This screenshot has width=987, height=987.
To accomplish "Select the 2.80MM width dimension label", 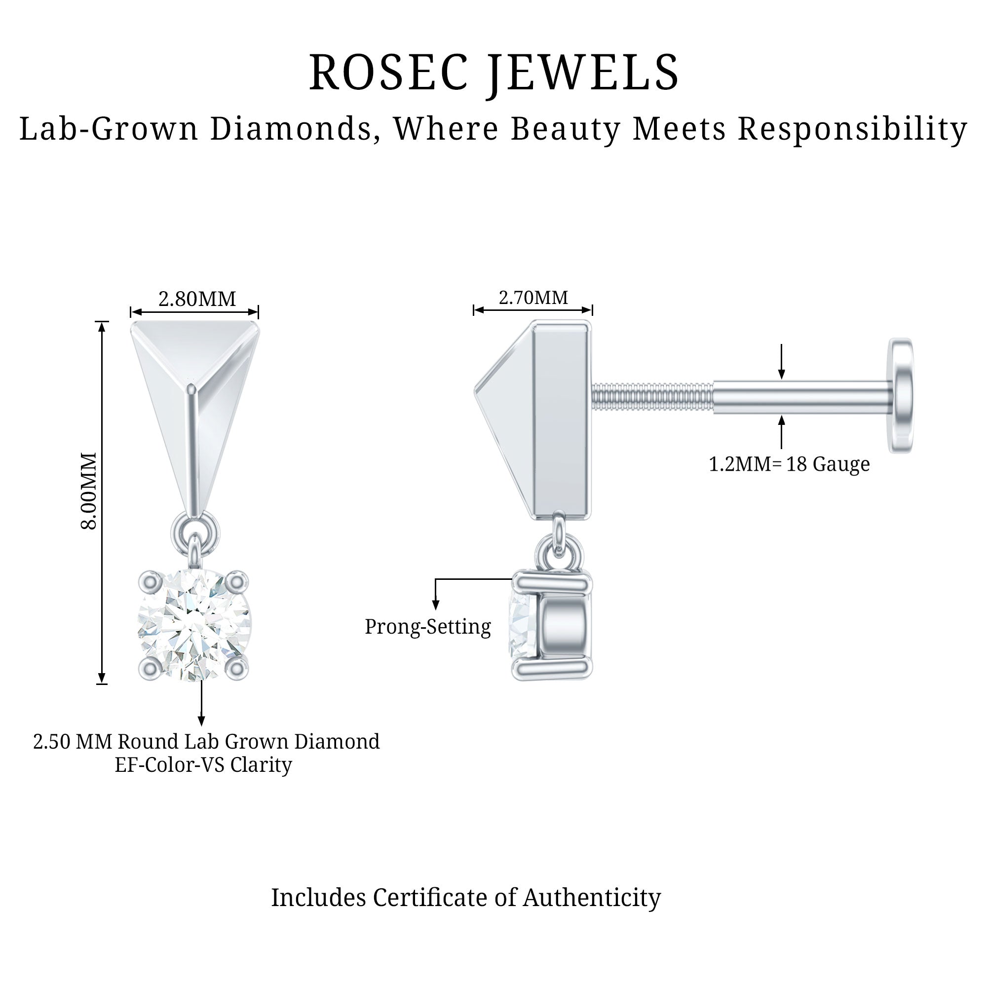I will pos(197,299).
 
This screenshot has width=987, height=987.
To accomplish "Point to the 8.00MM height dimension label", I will pos(89,491).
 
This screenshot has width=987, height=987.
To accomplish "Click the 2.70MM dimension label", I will pos(533,297).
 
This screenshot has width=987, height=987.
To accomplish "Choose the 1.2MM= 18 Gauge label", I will pos(789,464).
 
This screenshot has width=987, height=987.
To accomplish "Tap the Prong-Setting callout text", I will pos(427,626).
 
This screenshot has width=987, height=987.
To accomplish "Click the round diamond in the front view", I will pos(194,625).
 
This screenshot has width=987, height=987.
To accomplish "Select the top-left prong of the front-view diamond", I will pos(150,581).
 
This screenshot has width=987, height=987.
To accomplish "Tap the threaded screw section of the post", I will pos(652,396).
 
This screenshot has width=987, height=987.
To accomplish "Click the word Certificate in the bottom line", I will pos(433,897).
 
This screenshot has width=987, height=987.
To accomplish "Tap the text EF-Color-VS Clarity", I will pos(203,765).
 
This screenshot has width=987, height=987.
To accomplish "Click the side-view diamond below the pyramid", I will pos(522,624).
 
